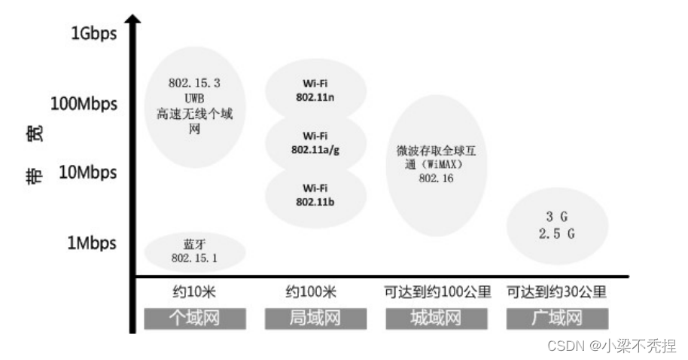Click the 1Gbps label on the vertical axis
coord(94,33)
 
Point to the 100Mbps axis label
coord(84,103)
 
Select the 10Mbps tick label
coord(88,172)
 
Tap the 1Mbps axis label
coord(92,243)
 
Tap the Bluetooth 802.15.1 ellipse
coord(194,252)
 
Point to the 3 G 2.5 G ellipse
coord(556,225)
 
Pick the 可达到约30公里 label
coord(556,291)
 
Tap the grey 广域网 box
coord(556,318)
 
